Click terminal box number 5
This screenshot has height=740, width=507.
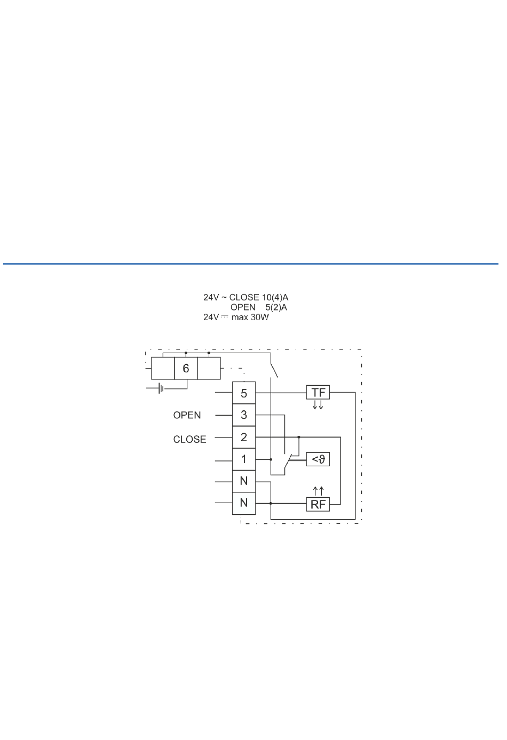244,393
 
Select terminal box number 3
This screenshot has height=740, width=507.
244,415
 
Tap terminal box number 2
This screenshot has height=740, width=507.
244,437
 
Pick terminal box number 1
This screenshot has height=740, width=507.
244,459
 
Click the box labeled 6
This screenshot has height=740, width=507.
186,368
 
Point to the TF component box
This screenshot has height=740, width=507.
318,393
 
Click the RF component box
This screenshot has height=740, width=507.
318,505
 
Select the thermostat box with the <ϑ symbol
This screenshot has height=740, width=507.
318,459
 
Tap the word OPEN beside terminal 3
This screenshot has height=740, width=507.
187,415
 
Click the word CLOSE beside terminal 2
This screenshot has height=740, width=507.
189,440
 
